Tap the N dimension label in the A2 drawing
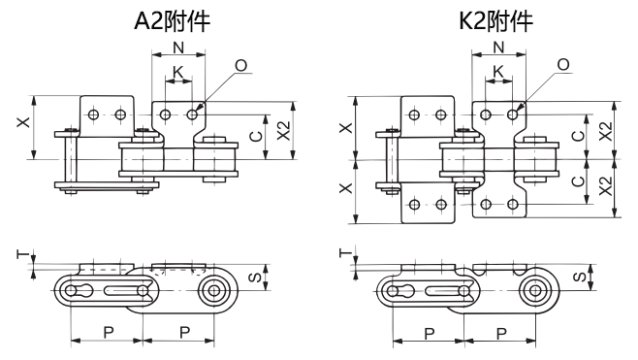[x=177, y=49]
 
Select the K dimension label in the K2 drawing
[x=498, y=72]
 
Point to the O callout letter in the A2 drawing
[x=239, y=64]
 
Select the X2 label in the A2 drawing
[x=282, y=131]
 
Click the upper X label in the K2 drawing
[x=345, y=128]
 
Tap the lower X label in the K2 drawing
[x=345, y=188]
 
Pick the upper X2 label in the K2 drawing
[x=605, y=131]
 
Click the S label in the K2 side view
[x=578, y=278]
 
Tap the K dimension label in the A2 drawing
[x=176, y=72]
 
